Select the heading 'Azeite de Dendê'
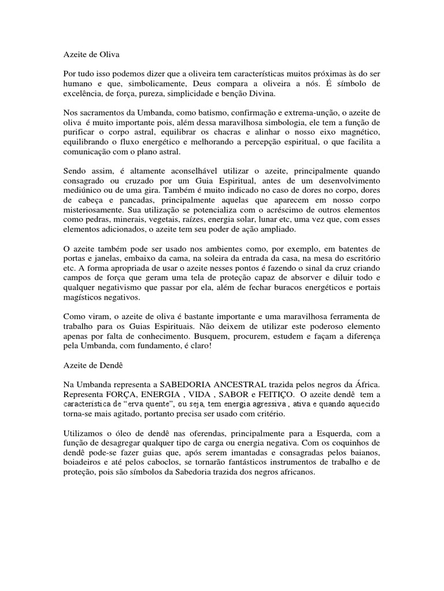point(92,365)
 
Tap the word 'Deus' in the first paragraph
point(237,86)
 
